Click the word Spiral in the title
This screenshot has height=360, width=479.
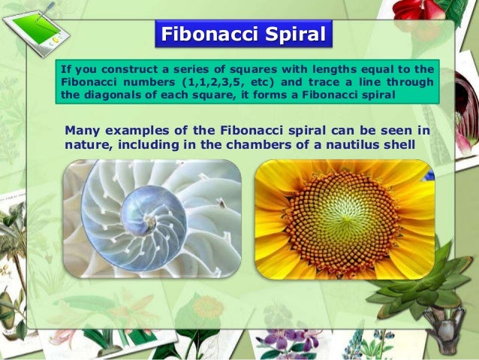[x=296, y=35]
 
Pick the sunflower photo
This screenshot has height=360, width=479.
[x=345, y=219]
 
